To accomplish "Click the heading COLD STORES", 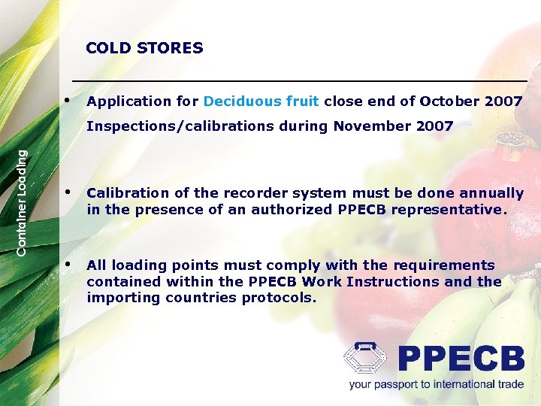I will coord(144,48).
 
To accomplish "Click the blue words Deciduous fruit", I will coord(261,101).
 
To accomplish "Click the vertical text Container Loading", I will coord(23,201).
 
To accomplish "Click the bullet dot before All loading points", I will coord(69,264).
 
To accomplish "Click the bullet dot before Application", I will coord(69,100).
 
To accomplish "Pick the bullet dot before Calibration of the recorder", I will coord(69,192).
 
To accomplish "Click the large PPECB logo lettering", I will coord(460,359).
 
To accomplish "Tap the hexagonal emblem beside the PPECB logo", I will coord(366,359).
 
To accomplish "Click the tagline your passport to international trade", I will coord(436,384).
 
